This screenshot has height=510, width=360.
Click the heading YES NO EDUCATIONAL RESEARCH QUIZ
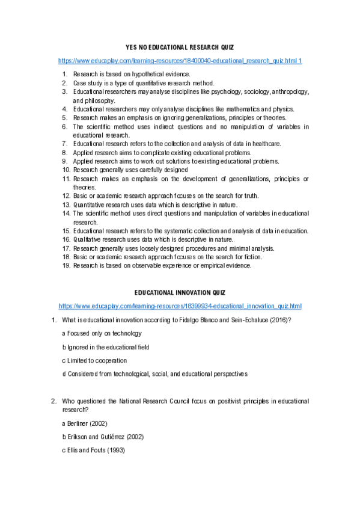(180, 47)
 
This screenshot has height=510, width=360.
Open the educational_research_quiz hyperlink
(180, 61)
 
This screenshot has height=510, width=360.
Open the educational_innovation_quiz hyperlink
(180, 306)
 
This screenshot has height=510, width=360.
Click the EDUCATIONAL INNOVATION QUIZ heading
(180, 292)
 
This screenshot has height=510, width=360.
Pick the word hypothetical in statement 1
(135, 74)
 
